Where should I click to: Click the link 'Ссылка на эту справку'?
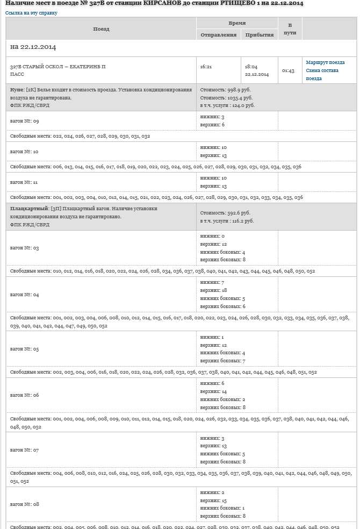(31, 13)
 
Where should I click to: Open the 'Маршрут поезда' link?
(325, 63)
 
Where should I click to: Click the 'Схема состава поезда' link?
(322, 74)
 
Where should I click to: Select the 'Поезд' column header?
(101, 28)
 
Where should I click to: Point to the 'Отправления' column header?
(218, 35)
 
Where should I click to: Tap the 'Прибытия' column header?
(260, 35)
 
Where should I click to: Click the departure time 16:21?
(206, 67)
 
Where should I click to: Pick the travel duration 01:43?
(288, 70)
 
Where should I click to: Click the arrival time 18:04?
(250, 67)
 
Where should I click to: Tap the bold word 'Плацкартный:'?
(30, 209)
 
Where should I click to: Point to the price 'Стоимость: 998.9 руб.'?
(225, 90)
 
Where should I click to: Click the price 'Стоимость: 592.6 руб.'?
(225, 213)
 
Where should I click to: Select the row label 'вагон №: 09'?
(24, 121)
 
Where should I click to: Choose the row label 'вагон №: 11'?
(24, 182)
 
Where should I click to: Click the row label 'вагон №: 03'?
(24, 248)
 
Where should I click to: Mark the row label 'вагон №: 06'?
(24, 395)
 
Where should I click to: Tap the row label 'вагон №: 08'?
(24, 504)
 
